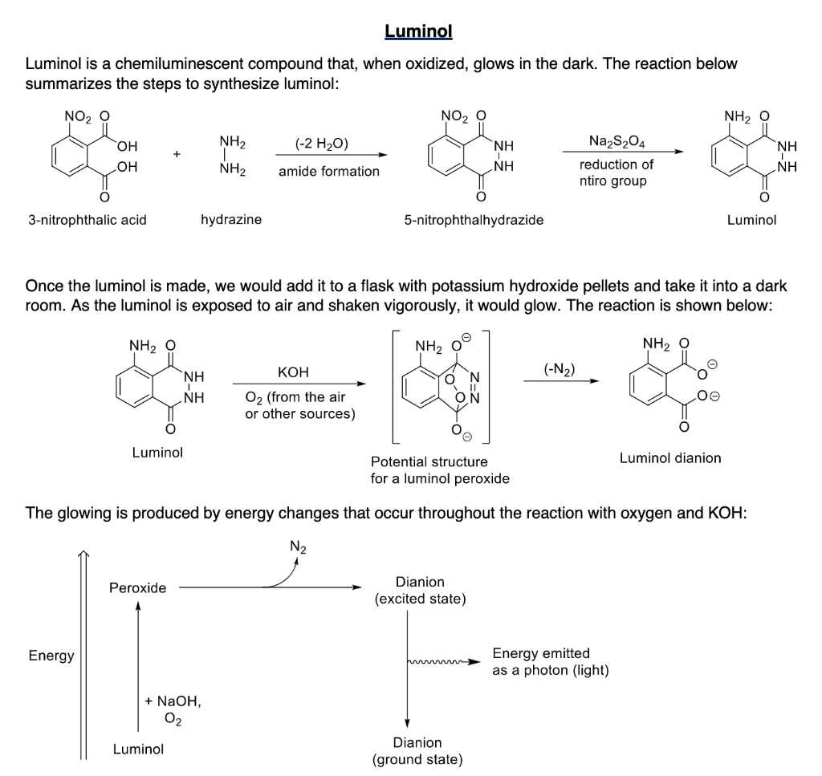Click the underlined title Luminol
tap(418, 31)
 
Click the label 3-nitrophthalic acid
tap(87, 219)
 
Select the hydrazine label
tap(231, 219)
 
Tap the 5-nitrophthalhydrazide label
tap(474, 219)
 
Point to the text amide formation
tap(329, 171)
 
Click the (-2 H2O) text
tap(322, 144)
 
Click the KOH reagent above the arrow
tap(292, 372)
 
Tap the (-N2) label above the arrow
tap(560, 369)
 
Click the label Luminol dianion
tap(670, 458)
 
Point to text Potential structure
tap(429, 461)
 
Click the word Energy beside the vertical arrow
tap(51, 656)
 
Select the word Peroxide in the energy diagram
tap(138, 588)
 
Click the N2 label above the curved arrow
tap(297, 549)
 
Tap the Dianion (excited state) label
tap(420, 591)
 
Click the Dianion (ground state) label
tap(417, 751)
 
